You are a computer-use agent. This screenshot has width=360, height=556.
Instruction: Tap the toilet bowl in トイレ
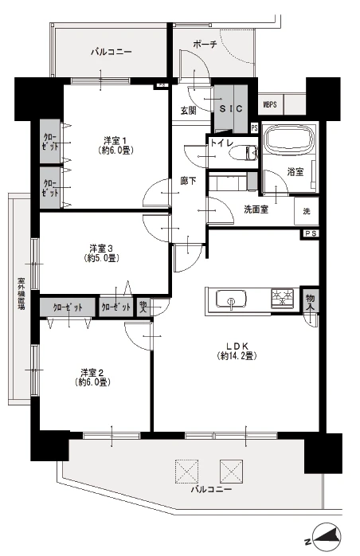(x=245, y=155)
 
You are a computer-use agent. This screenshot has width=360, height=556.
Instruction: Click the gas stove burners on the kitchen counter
(x=282, y=299)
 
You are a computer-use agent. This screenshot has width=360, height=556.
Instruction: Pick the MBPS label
(x=271, y=104)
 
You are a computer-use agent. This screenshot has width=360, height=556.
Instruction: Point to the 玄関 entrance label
(x=188, y=111)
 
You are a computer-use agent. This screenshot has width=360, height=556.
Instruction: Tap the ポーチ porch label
(x=205, y=45)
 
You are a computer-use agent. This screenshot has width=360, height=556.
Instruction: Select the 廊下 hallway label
(x=188, y=181)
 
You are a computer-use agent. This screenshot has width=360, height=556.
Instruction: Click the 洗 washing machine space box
(x=307, y=213)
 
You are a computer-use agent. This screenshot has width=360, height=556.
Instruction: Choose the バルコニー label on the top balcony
(x=111, y=53)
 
